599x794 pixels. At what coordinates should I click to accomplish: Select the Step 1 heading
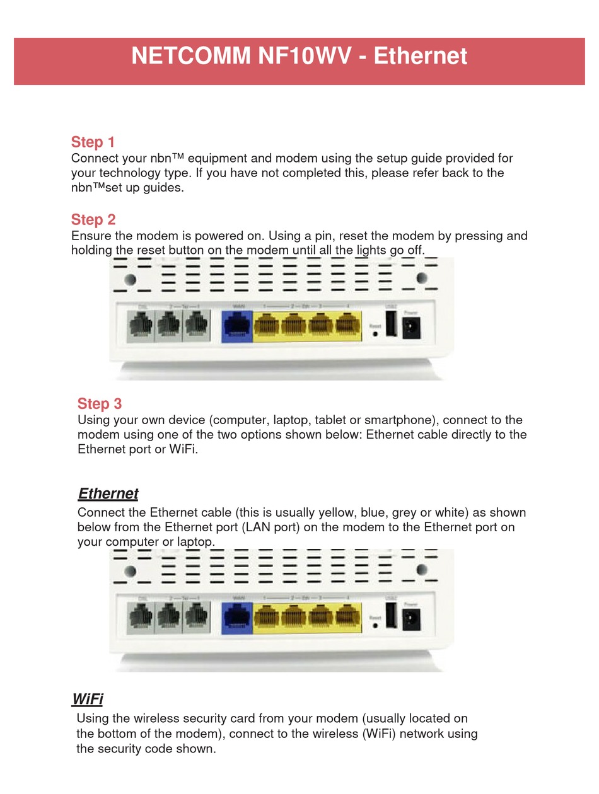click(x=93, y=142)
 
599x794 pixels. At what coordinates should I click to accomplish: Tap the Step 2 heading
click(x=93, y=219)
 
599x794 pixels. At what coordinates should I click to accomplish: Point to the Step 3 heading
click(x=100, y=403)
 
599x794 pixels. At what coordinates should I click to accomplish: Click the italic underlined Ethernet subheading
click(x=108, y=493)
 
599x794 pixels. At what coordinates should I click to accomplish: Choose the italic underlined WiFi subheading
click(x=88, y=699)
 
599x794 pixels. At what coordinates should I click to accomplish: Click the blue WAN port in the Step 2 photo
click(x=237, y=326)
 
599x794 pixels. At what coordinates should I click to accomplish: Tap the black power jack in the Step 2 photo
click(x=411, y=328)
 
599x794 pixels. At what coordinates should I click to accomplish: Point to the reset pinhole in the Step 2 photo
click(x=376, y=334)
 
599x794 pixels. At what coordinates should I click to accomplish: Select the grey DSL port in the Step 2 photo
click(x=141, y=326)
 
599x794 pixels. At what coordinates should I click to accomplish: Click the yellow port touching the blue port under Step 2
click(x=267, y=326)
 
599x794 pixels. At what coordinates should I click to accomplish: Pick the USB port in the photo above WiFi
click(x=391, y=615)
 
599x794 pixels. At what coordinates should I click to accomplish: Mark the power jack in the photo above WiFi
click(x=411, y=618)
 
